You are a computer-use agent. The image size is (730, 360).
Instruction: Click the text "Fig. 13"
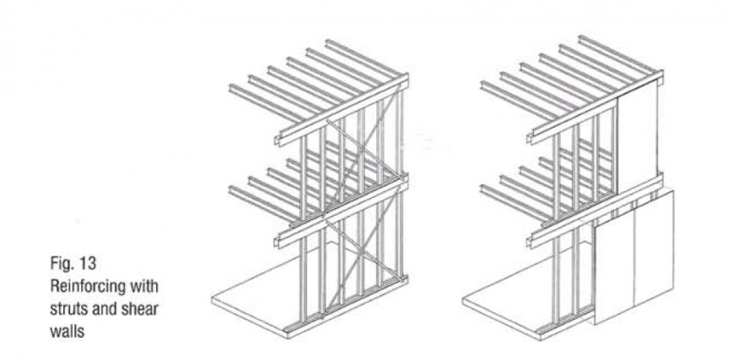tap(73, 264)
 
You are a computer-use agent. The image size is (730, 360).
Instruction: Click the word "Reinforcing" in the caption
tap(88, 286)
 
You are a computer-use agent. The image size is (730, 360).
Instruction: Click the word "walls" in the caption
tap(67, 331)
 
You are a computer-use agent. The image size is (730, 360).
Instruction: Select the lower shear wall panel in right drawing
tap(634, 259)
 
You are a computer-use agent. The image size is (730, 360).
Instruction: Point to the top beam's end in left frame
tap(278, 140)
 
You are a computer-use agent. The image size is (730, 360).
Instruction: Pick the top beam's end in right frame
tap(531, 138)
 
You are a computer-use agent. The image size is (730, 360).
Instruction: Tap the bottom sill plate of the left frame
tap(345, 305)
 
